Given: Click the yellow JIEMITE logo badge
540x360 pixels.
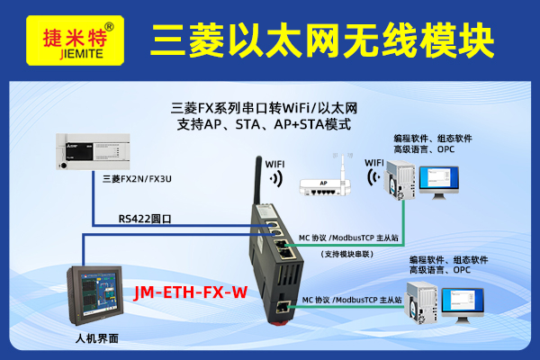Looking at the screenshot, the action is pyautogui.click(x=75, y=40).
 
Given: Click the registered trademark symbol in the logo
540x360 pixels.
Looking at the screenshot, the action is pyautogui.click(x=109, y=27).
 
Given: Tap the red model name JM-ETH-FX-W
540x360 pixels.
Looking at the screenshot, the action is pyautogui.click(x=191, y=292).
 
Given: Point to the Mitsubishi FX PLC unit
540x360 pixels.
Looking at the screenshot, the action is pyautogui.click(x=93, y=151).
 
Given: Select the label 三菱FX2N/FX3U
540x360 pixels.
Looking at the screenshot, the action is pyautogui.click(x=137, y=179).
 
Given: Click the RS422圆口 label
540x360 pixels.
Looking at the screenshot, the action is pyautogui.click(x=145, y=219).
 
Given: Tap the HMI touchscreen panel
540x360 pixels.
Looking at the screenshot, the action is pyautogui.click(x=95, y=295).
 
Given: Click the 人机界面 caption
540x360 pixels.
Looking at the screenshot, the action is pyautogui.click(x=97, y=338).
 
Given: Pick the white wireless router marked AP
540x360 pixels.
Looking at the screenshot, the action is pyautogui.click(x=325, y=187).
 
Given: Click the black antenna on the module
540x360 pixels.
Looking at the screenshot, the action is pyautogui.click(x=258, y=180).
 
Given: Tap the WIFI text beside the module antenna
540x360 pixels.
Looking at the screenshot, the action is pyautogui.click(x=274, y=165).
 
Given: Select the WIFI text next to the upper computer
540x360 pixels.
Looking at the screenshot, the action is pyautogui.click(x=374, y=163).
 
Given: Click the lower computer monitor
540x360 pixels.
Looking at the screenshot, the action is pyautogui.click(x=463, y=305).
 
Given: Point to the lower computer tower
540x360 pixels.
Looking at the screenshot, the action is pyautogui.click(x=421, y=302).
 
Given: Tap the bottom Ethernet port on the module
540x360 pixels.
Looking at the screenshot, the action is pyautogui.click(x=283, y=306).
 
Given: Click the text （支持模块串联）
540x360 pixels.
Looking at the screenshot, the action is pyautogui.click(x=346, y=254).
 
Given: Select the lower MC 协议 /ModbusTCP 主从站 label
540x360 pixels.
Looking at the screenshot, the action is pyautogui.click(x=352, y=300).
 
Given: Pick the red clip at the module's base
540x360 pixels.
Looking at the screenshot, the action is pyautogui.click(x=280, y=323).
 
